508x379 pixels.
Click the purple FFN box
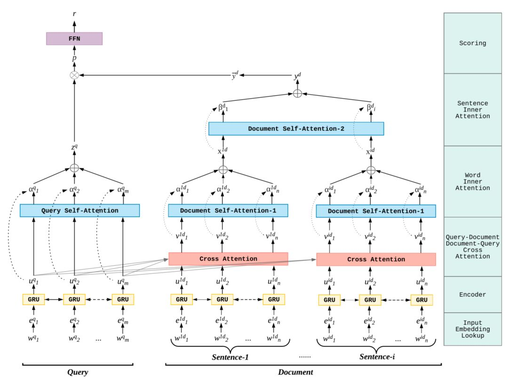(74, 39)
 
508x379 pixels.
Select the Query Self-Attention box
(79, 210)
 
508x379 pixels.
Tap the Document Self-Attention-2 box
(296, 129)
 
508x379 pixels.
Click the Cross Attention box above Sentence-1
(228, 258)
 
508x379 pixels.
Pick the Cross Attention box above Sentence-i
(376, 259)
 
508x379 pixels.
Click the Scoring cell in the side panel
(472, 43)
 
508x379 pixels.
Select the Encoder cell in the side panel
(472, 295)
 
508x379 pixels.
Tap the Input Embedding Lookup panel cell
(472, 329)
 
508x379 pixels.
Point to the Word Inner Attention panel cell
(472, 181)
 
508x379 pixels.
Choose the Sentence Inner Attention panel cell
(472, 110)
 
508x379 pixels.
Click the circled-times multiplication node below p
(74, 75)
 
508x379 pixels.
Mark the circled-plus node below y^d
(297, 94)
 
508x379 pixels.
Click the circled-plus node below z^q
(74, 168)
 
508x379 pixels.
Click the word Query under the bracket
(78, 372)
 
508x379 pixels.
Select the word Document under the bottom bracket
(295, 372)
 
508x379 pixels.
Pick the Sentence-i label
(377, 357)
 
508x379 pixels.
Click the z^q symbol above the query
(74, 148)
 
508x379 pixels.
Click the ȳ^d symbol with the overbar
(235, 75)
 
